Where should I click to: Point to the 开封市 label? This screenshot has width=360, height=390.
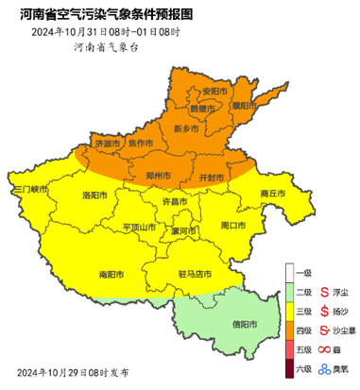tap(214, 177)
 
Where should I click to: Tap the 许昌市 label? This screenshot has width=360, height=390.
tap(175, 202)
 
